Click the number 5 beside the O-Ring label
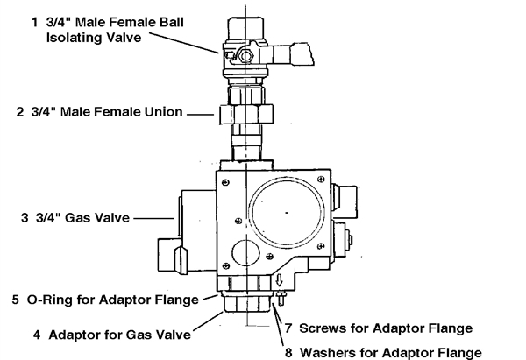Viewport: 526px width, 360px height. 17,300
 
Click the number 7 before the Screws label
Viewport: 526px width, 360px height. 290,328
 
